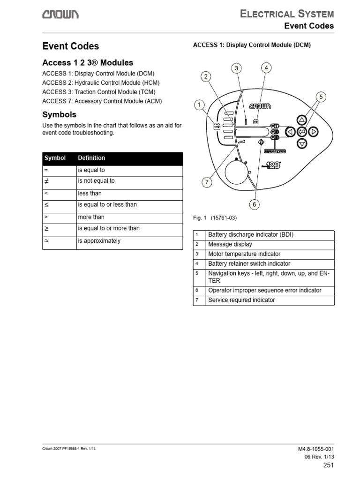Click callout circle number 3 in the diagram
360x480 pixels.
click(x=237, y=68)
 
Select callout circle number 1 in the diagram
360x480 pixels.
click(x=200, y=105)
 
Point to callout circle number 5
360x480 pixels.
click(x=321, y=97)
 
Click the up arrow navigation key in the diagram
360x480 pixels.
click(x=302, y=120)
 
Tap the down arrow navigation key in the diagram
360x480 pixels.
click(x=302, y=143)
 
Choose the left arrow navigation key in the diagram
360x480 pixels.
click(x=290, y=132)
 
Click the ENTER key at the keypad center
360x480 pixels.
click(x=302, y=132)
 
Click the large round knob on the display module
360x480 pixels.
click(x=237, y=172)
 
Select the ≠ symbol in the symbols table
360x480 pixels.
click(x=46, y=181)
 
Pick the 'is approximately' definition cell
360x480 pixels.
click(x=99, y=241)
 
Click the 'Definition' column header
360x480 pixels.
click(x=91, y=158)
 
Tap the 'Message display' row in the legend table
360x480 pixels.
click(x=230, y=244)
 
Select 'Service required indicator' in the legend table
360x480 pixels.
click(x=241, y=300)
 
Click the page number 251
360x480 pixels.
click(x=328, y=465)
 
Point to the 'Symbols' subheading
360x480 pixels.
click(x=59, y=114)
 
